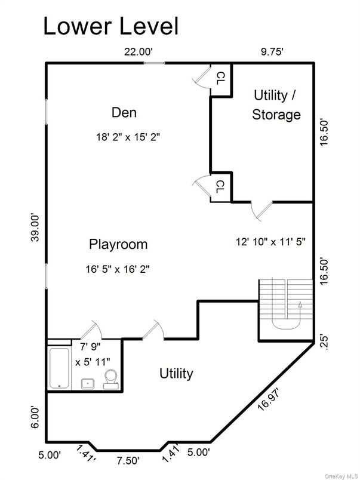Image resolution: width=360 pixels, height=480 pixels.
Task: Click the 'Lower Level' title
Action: click(x=110, y=26)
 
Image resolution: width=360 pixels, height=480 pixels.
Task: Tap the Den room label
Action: click(x=124, y=112)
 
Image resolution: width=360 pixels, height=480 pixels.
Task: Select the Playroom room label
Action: click(x=118, y=244)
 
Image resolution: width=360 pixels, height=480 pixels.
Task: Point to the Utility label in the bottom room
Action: click(x=176, y=374)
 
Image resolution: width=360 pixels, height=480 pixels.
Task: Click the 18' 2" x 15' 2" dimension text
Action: click(x=128, y=136)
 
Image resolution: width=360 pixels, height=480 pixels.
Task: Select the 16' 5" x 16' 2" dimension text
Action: click(x=117, y=269)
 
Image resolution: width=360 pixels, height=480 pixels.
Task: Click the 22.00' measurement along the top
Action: click(x=139, y=52)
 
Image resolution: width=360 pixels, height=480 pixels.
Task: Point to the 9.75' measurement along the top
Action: click(x=272, y=52)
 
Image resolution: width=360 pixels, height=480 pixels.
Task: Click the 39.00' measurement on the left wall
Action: click(x=36, y=227)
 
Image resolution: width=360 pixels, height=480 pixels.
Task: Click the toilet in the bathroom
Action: click(x=110, y=378)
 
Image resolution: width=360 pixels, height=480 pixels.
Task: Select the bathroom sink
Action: click(x=88, y=383)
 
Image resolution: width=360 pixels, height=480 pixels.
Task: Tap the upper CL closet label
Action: click(x=220, y=76)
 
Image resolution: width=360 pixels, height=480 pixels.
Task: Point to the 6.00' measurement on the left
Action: click(x=36, y=417)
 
